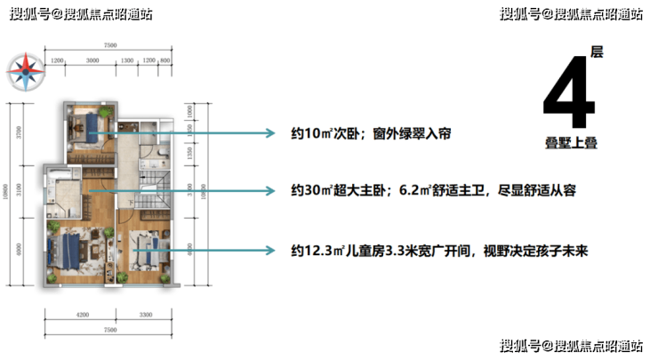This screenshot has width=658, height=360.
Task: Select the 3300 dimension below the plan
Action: (x=144, y=316)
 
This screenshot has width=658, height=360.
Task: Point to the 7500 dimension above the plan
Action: (x=110, y=44)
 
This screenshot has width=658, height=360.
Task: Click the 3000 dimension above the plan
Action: (x=92, y=60)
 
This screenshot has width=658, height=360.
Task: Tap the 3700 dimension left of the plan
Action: (x=20, y=134)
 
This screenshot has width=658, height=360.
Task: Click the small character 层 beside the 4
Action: (x=597, y=53)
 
